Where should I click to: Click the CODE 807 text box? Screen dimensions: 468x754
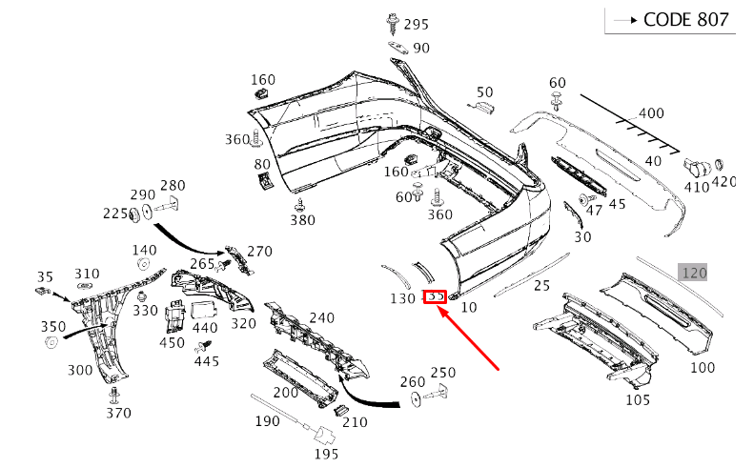tap(670, 20)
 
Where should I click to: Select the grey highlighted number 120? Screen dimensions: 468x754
tap(693, 273)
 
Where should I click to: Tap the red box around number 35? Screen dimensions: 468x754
tap(436, 297)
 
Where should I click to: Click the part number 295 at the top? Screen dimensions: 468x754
tap(417, 24)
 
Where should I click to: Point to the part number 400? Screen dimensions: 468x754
tap(651, 113)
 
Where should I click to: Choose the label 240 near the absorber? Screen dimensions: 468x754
tap(321, 318)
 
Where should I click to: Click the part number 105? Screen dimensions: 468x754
tap(638, 399)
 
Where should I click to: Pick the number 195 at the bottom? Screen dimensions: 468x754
tap(326, 453)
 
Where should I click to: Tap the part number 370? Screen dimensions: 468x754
tap(118, 413)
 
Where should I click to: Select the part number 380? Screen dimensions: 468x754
tap(302, 220)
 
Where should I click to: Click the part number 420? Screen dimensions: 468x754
tap(724, 182)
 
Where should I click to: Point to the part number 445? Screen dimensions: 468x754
tap(206, 361)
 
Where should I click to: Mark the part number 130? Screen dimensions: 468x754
tap(403, 298)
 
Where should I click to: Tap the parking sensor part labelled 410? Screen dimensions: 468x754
tap(697, 169)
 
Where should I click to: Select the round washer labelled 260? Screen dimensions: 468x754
tap(417, 400)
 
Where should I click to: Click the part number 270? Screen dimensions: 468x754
tap(259, 252)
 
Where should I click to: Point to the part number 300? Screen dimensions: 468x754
tap(80, 370)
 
